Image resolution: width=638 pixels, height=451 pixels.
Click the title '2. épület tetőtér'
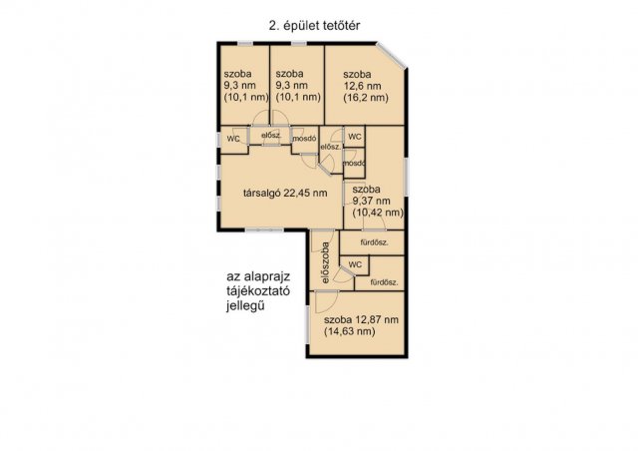(315, 26)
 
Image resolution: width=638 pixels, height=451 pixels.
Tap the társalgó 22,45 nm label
(285, 193)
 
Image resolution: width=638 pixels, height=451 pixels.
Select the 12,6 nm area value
(362, 86)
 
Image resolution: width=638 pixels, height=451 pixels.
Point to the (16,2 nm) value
(366, 98)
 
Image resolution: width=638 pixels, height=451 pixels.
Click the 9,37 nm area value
(371, 201)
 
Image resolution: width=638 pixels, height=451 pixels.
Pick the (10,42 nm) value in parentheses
(378, 213)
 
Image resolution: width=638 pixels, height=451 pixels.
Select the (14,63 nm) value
(350, 331)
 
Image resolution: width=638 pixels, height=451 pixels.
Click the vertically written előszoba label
(325, 262)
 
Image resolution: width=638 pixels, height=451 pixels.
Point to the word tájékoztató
(258, 291)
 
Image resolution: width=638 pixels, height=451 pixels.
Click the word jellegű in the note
(245, 305)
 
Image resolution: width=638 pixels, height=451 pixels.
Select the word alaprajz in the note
(267, 277)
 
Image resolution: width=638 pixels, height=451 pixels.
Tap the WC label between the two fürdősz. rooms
(355, 264)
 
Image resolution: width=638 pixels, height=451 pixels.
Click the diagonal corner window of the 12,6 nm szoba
(391, 56)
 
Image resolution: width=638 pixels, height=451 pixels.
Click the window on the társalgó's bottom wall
(264, 229)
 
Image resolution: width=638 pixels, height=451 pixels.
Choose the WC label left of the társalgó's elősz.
(233, 139)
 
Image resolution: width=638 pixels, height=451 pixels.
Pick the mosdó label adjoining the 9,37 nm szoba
(354, 164)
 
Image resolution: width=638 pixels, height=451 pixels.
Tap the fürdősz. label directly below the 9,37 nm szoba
(375, 242)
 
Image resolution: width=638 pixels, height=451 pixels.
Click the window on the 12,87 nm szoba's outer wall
(308, 324)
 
